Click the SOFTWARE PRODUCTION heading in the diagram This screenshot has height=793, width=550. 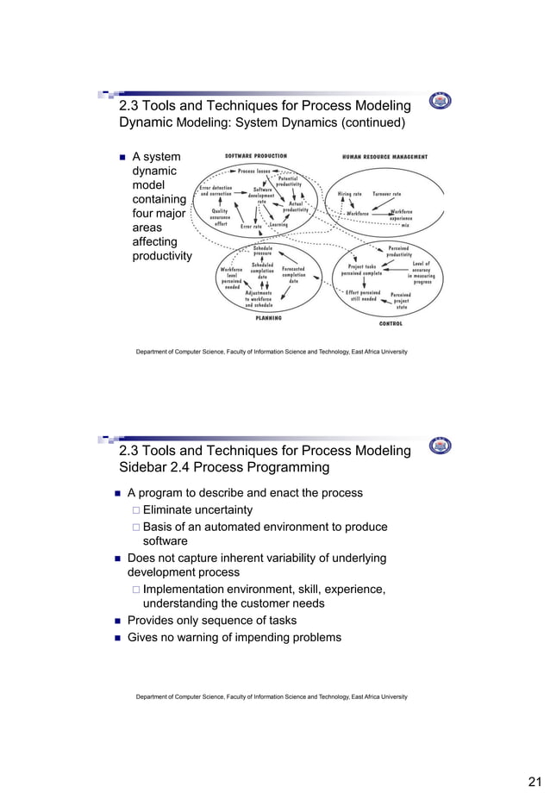(x=256, y=156)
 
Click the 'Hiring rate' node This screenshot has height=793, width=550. (x=349, y=194)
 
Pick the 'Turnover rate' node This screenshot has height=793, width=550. (x=386, y=194)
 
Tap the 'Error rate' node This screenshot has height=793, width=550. (x=251, y=227)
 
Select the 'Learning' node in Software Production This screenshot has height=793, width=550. (x=279, y=225)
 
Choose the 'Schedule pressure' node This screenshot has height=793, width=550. (x=263, y=251)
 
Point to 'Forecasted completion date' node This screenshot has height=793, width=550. (x=294, y=274)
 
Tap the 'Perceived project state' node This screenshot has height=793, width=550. (x=400, y=301)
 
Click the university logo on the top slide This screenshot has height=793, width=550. (x=440, y=101)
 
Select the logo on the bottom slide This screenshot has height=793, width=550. (x=440, y=446)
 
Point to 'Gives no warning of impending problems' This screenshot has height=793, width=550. (x=234, y=638)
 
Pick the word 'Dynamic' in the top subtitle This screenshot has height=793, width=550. (x=145, y=122)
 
